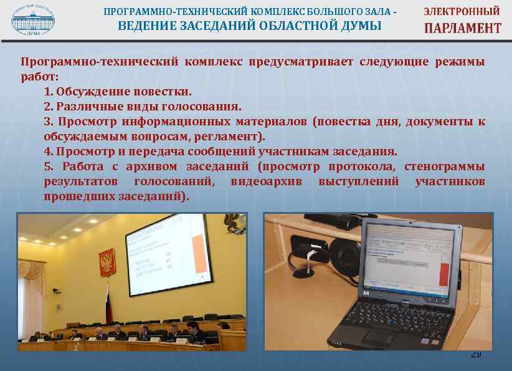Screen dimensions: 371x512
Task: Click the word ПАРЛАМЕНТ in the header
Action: [x=462, y=28]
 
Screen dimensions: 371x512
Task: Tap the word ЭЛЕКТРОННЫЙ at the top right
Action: [x=462, y=11]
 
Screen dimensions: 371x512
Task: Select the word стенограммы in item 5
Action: [x=445, y=166]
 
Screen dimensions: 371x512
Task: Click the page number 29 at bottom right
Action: [x=475, y=354]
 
